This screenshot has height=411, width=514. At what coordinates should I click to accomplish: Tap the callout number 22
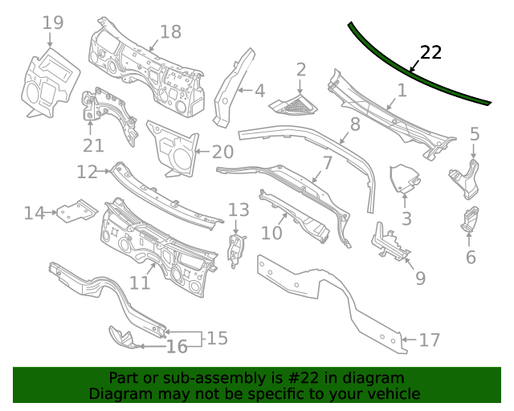pyautogui.click(x=431, y=53)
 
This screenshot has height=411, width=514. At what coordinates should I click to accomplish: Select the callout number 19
pyautogui.click(x=53, y=22)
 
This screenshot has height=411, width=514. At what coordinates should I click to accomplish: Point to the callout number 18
pyautogui.click(x=170, y=32)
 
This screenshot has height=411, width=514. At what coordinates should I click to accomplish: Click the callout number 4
pyautogui.click(x=259, y=91)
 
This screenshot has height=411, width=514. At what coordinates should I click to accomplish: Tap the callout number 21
pyautogui.click(x=94, y=145)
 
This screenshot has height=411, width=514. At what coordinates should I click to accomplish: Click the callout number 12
pyautogui.click(x=87, y=172)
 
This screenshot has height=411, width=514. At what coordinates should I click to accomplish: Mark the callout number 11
pyautogui.click(x=141, y=283)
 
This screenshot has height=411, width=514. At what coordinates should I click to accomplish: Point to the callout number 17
pyautogui.click(x=430, y=340)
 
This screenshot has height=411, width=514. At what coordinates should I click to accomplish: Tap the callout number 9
pyautogui.click(x=420, y=279)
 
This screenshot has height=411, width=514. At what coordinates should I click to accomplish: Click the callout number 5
pyautogui.click(x=475, y=134)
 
